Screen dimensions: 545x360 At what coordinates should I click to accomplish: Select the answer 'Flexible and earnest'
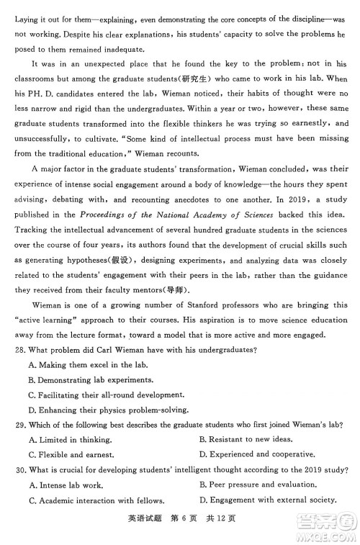[71, 455]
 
